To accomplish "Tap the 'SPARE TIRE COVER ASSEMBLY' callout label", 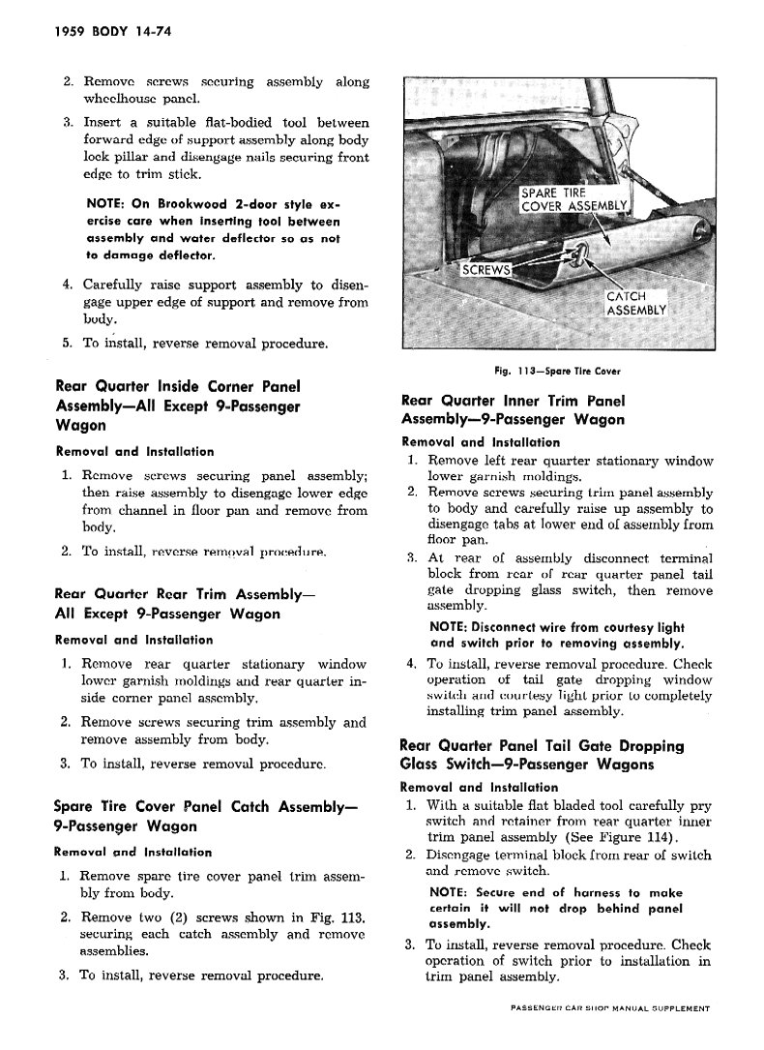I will click(574, 198).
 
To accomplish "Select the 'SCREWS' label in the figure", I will click(485, 270).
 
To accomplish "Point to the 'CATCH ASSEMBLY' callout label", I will click(635, 303).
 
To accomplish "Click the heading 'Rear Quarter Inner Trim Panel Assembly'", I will click(513, 409).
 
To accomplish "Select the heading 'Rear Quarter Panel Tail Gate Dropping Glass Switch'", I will click(543, 755).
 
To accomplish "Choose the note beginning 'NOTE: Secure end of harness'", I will click(555, 908).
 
